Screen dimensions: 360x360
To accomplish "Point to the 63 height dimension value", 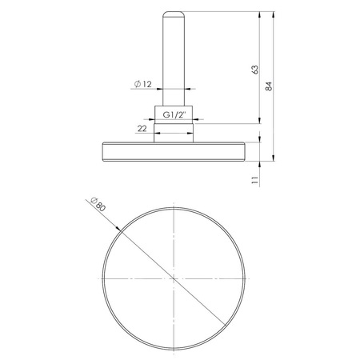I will (x=254, y=69).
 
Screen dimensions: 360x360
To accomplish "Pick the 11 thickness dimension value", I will (x=254, y=181).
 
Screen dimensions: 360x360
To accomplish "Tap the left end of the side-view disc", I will (x=103, y=151).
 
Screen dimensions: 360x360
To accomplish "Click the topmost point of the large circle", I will (x=172, y=206).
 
